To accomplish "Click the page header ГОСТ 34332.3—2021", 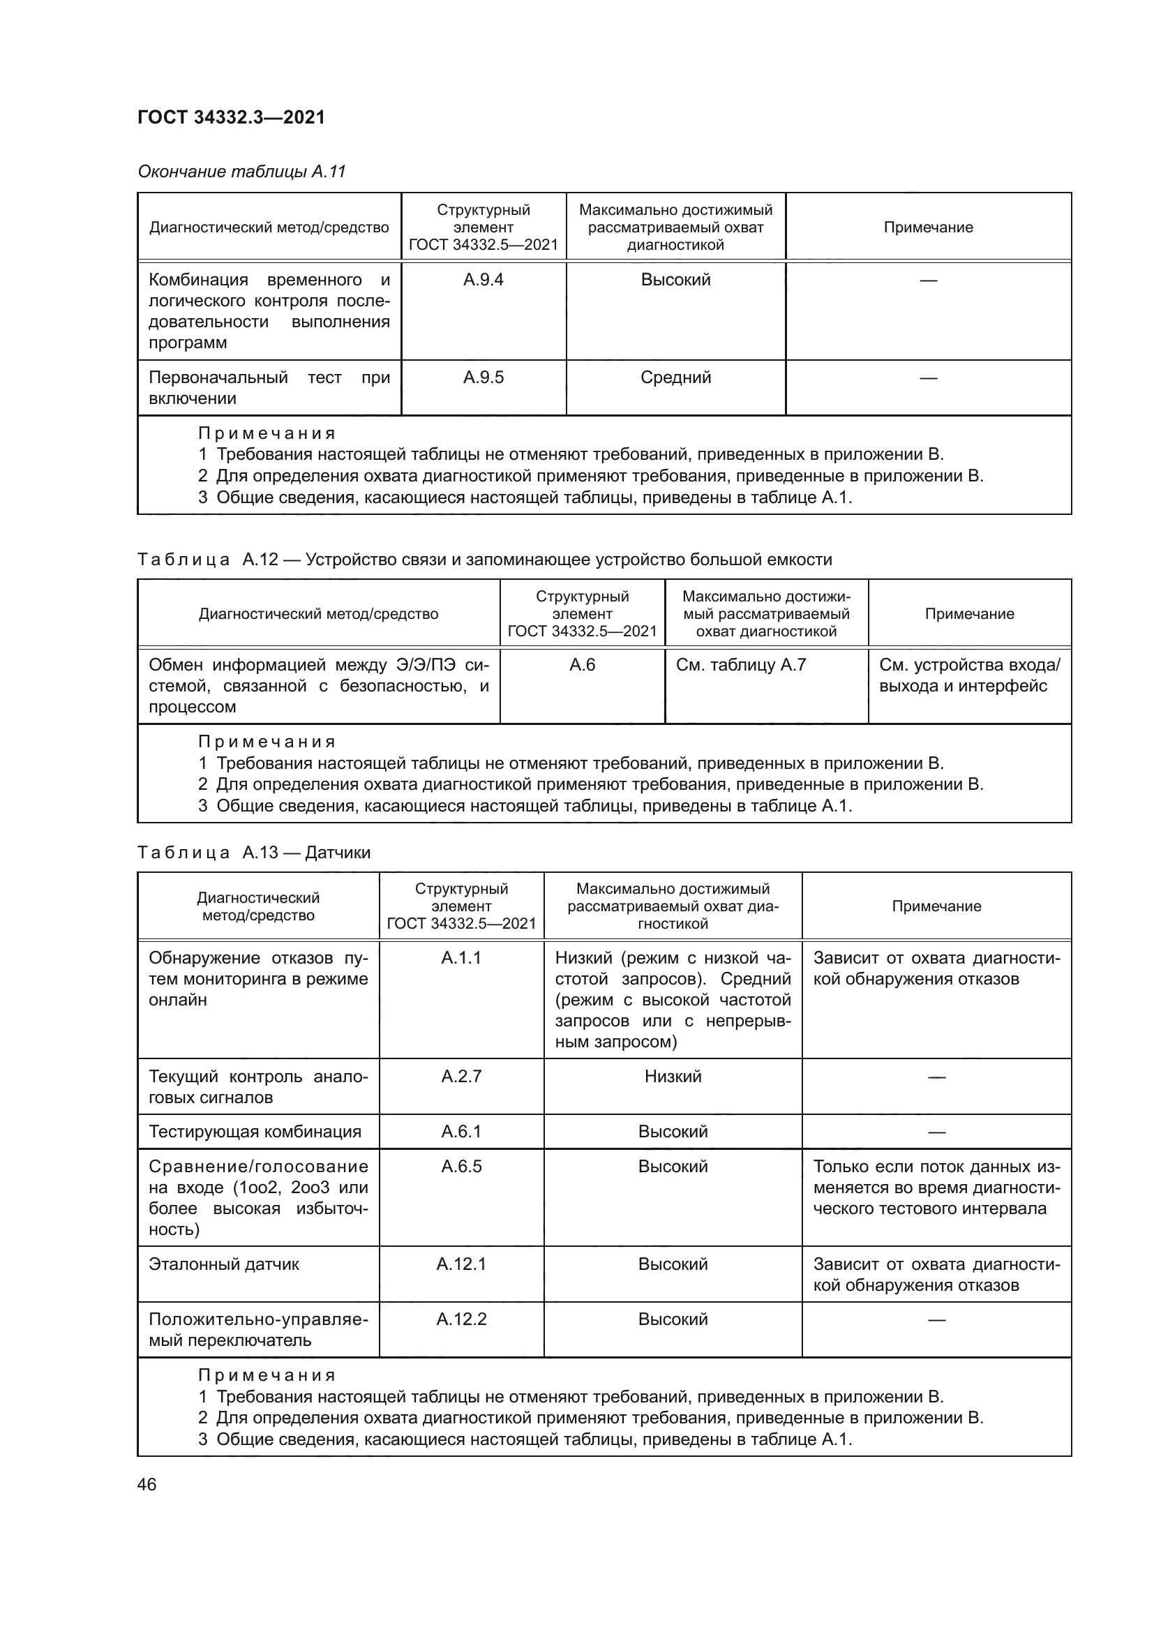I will (231, 117).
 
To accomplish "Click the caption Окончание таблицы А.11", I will (241, 172).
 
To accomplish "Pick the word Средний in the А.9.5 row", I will (675, 377).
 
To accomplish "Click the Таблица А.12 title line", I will (484, 560).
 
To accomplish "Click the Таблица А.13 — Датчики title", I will (254, 852).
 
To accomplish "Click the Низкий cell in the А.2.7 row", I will (672, 1076).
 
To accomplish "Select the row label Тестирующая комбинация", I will (255, 1132).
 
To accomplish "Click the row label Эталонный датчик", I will (224, 1264).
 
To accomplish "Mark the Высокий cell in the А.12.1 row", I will (672, 1264).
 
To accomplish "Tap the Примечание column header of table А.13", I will (936, 906).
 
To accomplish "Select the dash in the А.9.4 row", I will (928, 280).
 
